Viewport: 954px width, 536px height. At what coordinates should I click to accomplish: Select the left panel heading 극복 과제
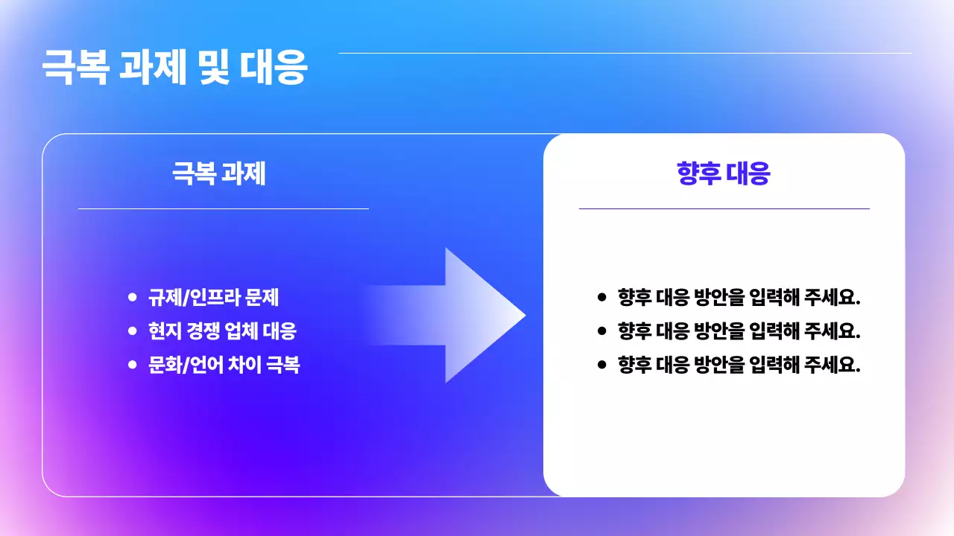219,174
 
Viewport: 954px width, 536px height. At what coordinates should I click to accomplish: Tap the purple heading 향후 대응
723,174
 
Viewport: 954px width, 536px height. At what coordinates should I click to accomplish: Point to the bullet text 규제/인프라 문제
213,298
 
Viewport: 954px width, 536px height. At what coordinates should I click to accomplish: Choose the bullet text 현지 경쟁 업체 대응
222,331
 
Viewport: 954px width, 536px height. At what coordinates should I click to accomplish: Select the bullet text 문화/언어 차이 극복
224,365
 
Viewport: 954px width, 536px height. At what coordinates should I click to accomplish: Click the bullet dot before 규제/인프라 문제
133,297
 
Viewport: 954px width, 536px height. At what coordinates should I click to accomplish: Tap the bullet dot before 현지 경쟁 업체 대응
133,331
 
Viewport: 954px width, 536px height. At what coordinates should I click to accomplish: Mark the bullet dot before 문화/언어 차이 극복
133,364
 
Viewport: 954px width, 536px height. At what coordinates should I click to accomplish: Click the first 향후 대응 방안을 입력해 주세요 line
739,298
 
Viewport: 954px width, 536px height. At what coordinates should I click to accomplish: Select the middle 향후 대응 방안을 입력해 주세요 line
739,331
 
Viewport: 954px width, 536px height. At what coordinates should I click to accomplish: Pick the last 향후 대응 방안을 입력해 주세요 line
739,365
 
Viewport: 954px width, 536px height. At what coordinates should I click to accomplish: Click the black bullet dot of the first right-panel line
602,297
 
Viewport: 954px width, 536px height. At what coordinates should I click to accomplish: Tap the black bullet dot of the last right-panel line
602,364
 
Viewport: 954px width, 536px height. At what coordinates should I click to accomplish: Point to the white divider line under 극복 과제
224,209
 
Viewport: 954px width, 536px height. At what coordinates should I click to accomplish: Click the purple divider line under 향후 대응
724,209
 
